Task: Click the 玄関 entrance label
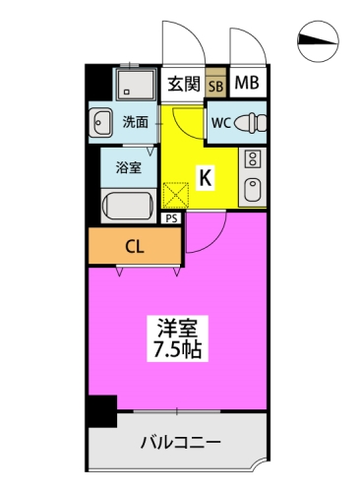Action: click(184, 85)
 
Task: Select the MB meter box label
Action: click(247, 83)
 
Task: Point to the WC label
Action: click(221, 123)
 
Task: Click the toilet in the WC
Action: click(250, 123)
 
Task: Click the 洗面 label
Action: click(136, 122)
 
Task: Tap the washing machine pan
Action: click(136, 85)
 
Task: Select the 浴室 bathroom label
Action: click(129, 167)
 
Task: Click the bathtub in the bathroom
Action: click(128, 206)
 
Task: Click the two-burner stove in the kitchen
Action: click(253, 158)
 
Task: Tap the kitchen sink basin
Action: click(253, 190)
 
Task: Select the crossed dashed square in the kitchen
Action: click(176, 196)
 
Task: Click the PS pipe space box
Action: click(171, 218)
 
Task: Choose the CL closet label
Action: click(135, 247)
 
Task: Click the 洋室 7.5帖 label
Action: click(178, 338)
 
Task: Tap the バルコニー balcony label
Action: click(181, 443)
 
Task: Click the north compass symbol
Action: click(318, 41)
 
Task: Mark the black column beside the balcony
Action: click(102, 411)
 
